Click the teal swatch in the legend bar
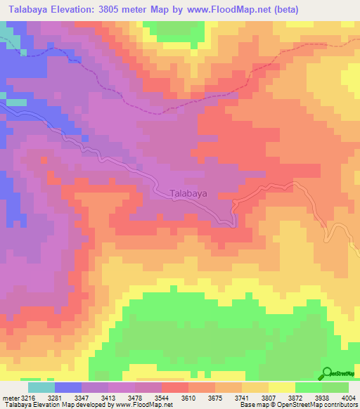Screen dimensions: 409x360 tap(41, 387)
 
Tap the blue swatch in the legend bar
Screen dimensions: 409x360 tap(67, 387)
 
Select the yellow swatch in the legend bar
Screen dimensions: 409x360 tap(281, 387)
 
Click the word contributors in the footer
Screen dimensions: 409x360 tap(337, 405)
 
